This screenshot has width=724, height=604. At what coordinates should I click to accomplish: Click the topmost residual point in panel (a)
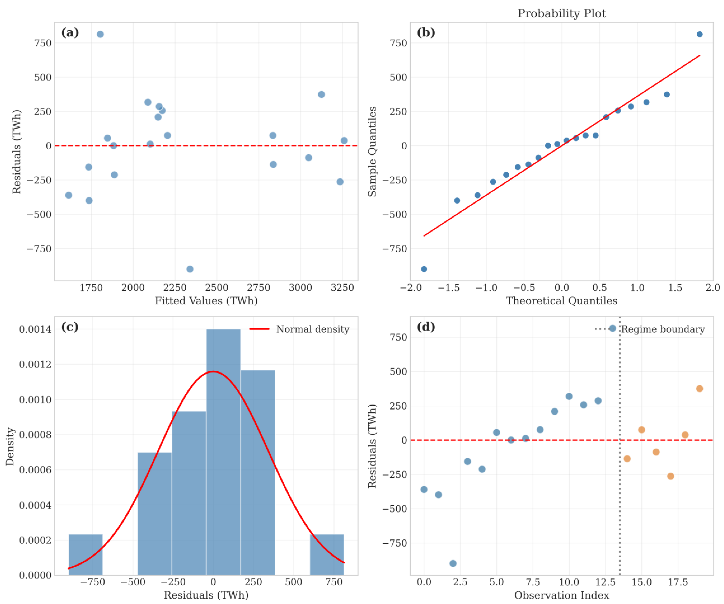[x=100, y=34]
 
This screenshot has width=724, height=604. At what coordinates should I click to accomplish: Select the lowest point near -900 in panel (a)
[x=190, y=269]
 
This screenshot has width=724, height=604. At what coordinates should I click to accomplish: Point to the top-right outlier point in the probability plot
[x=700, y=34]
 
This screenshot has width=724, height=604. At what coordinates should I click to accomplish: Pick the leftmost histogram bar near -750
[x=86, y=554]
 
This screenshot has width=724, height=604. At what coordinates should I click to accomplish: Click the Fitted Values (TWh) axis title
[x=206, y=301]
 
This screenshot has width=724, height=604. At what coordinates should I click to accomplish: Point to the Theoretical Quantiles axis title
[x=561, y=301]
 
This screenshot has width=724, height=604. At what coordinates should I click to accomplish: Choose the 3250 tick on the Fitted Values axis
[x=342, y=288]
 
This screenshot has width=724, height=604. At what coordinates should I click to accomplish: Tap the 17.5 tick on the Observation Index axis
[x=678, y=582]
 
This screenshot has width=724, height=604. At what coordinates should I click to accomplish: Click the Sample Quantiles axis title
[x=372, y=152]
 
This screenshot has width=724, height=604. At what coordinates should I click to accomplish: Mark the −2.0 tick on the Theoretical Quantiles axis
[x=410, y=288]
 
